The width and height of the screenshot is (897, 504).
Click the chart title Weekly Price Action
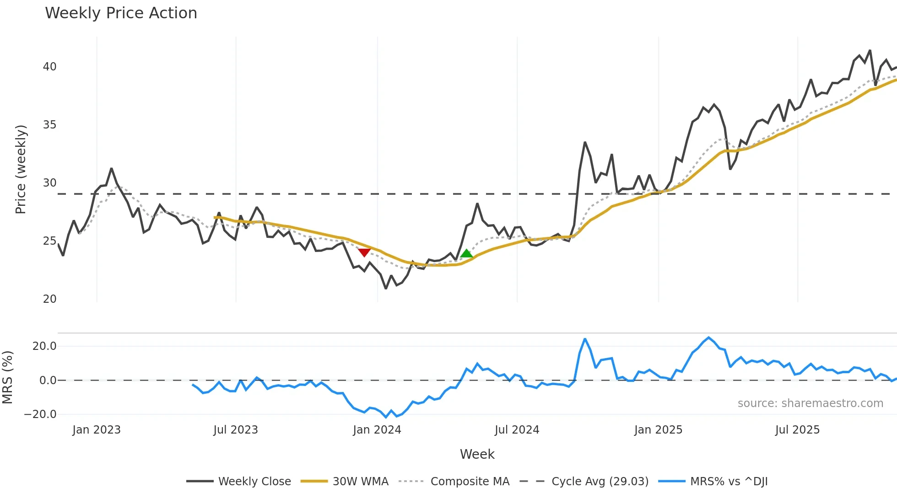click(x=121, y=13)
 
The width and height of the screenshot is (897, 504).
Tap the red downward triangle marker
click(x=364, y=252)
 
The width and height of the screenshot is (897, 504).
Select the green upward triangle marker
click(x=466, y=253)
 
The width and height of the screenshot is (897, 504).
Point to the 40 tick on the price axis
click(x=49, y=67)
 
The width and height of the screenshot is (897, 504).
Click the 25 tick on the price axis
click(x=49, y=241)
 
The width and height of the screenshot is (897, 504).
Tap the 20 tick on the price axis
click(x=49, y=299)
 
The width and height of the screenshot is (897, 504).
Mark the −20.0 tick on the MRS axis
click(x=40, y=414)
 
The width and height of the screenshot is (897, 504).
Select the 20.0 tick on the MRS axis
click(x=44, y=346)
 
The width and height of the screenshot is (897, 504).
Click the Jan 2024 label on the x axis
click(x=377, y=430)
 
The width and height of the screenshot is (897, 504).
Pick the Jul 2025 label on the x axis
click(x=797, y=430)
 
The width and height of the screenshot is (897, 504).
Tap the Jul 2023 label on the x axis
click(x=236, y=430)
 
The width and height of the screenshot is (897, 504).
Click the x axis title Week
click(x=477, y=454)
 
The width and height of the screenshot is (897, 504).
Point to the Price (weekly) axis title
click(x=21, y=169)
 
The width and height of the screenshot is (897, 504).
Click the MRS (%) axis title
click(x=7, y=377)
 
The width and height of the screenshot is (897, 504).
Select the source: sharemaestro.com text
click(x=810, y=403)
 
